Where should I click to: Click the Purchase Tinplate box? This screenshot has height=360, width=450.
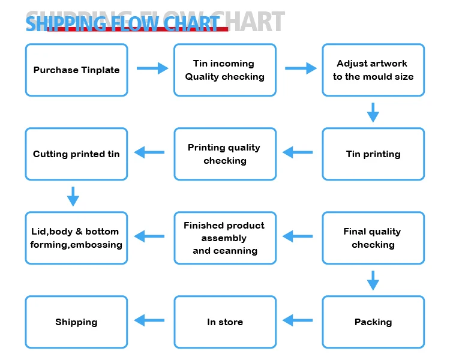point(76,70)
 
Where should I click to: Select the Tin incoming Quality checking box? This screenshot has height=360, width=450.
point(225,70)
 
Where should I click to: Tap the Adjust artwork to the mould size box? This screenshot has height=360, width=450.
point(373,70)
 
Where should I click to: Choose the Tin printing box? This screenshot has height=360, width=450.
point(373,154)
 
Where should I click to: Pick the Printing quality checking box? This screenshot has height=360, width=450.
point(225,154)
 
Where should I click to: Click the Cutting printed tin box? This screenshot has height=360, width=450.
point(76,154)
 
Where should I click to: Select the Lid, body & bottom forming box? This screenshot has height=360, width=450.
point(76,238)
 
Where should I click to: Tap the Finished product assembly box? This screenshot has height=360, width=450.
point(225,238)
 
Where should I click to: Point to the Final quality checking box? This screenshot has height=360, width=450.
point(373,238)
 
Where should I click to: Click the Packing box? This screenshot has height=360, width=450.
point(373,322)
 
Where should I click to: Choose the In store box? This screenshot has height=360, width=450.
point(225,322)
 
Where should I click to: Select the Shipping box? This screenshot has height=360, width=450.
point(76,322)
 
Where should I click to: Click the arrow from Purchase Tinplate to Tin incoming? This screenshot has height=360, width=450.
point(152,68)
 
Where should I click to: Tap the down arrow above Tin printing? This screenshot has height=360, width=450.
point(373,112)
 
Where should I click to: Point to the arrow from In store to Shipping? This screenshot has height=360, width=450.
point(149,320)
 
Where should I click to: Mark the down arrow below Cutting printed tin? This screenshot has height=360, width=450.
point(73,196)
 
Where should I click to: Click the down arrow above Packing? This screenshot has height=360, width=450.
point(373,280)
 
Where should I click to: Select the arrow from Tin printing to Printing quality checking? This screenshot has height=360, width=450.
point(298,152)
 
